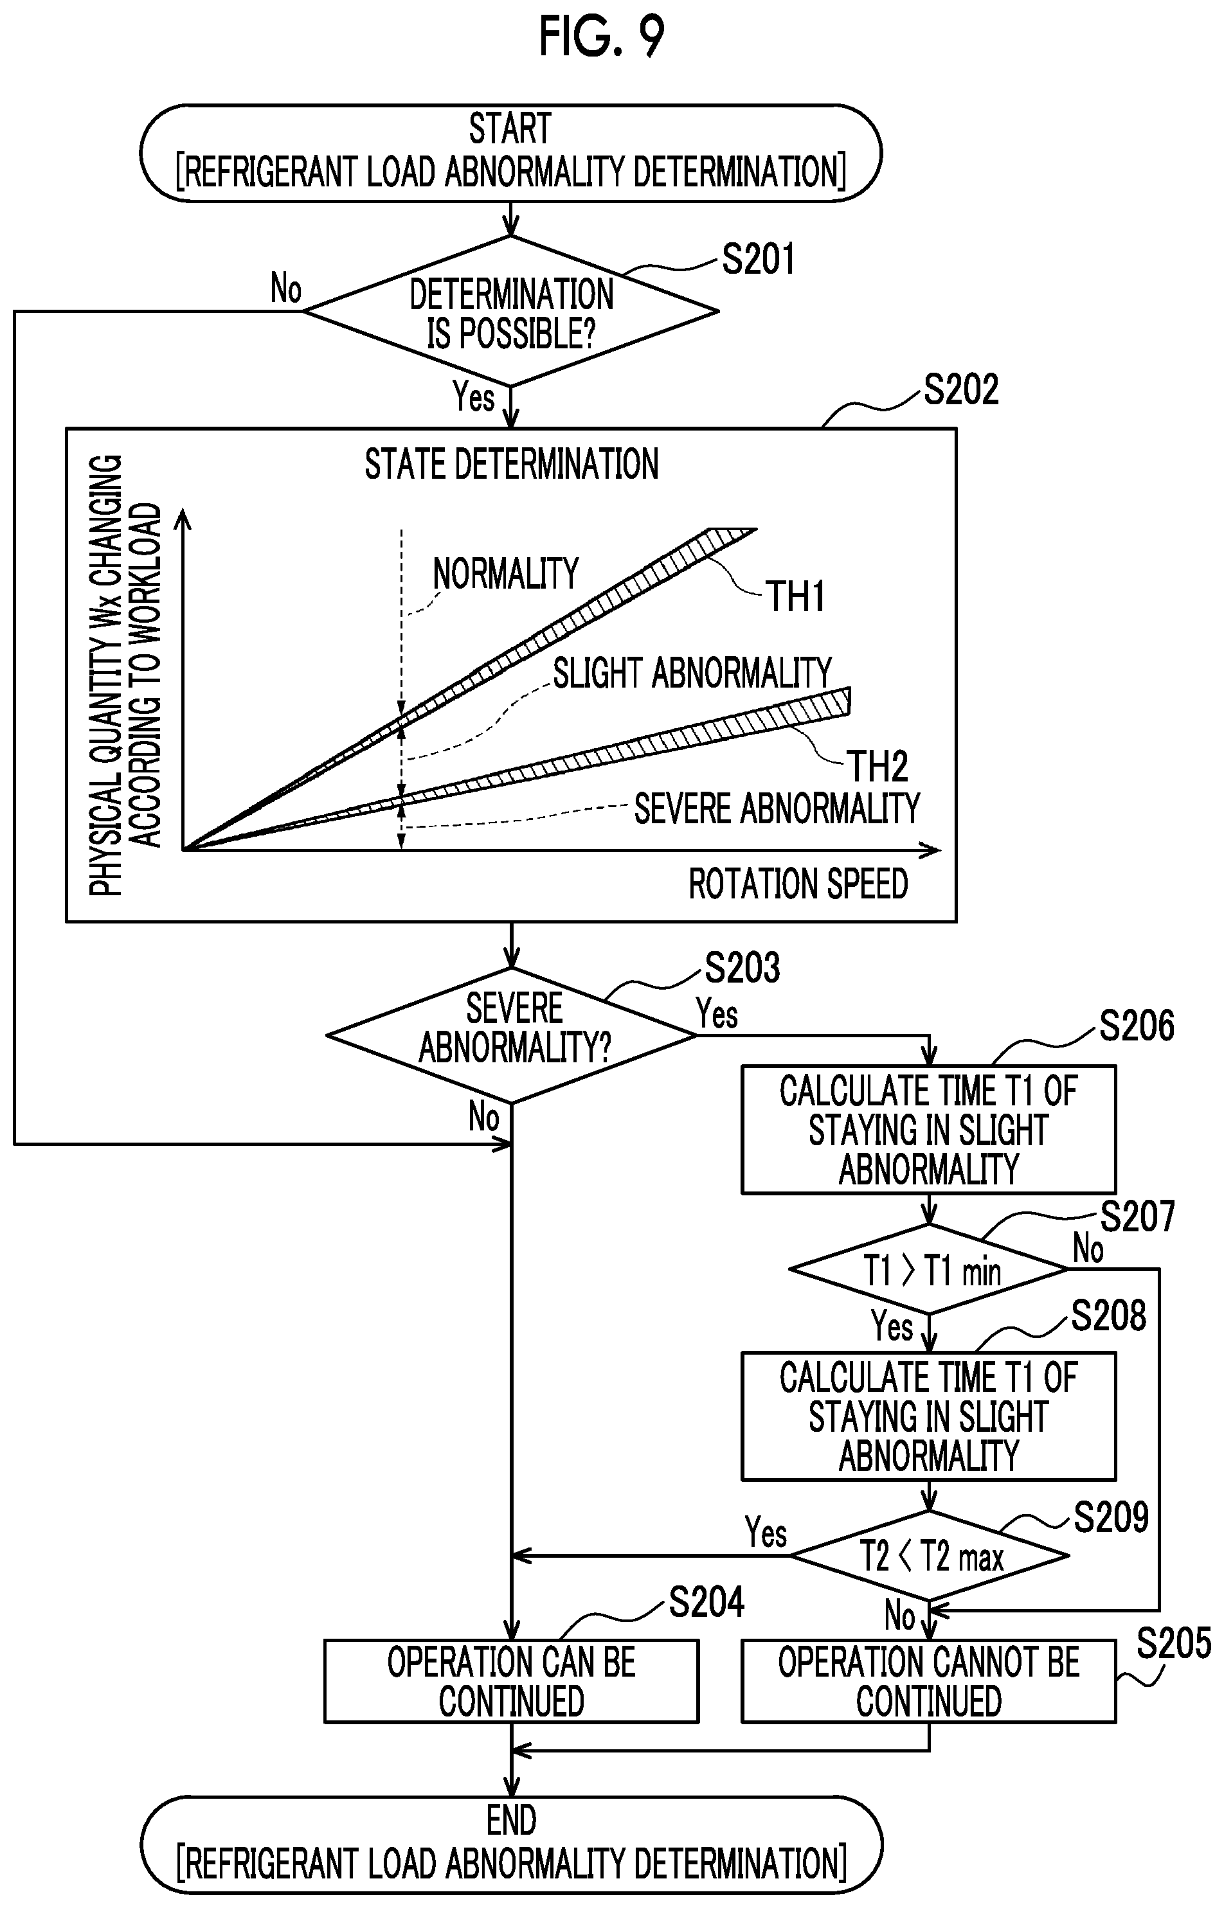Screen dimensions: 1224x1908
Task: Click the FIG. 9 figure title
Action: pyautogui.click(x=602, y=37)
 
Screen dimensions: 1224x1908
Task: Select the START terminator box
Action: pyautogui.click(x=511, y=152)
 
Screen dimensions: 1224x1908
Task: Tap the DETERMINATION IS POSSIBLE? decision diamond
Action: pyautogui.click(x=511, y=312)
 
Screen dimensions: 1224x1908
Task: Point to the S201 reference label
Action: pyautogui.click(x=758, y=260)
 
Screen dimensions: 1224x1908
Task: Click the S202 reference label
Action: pyautogui.click(x=961, y=390)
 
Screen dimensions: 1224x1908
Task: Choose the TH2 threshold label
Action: pyautogui.click(x=878, y=767)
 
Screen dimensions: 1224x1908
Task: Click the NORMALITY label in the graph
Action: pyautogui.click(x=505, y=573)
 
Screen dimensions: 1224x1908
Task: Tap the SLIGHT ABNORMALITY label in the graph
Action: pyautogui.click(x=692, y=673)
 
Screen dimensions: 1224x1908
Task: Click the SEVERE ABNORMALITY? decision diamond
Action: pyautogui.click(x=512, y=1036)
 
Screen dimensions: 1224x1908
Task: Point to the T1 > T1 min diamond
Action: pyautogui.click(x=928, y=1269)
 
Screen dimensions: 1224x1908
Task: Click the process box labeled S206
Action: pyautogui.click(x=928, y=1130)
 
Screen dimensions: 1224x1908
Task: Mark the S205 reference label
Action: pyautogui.click(x=1174, y=1643)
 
